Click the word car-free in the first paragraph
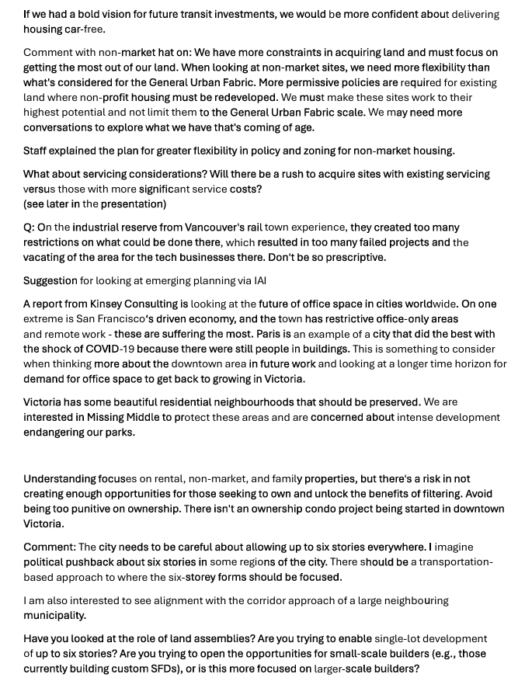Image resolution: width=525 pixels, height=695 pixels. tap(85, 30)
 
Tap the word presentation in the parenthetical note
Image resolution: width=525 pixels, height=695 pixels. tap(131, 204)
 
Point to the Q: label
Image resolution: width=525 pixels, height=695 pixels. tap(29, 228)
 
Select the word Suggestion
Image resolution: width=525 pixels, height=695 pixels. tap(50, 280)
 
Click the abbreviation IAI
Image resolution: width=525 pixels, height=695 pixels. tap(259, 280)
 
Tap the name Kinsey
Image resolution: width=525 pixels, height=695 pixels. tap(111, 304)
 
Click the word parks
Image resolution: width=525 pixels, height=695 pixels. tap(119, 433)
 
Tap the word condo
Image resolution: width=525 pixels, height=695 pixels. tap(318, 509)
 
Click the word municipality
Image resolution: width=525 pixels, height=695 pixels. tap(54, 615)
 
